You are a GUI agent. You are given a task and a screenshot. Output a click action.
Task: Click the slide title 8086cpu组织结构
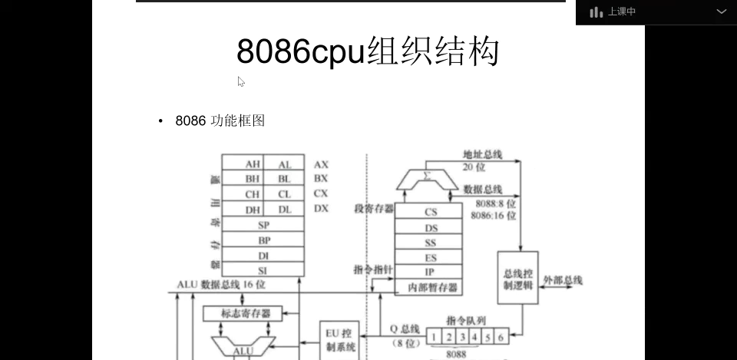point(368,51)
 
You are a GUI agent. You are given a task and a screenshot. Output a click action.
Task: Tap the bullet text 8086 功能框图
point(220,121)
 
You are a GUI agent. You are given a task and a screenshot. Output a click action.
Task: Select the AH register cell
point(252,164)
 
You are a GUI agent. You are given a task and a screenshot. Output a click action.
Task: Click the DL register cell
point(284,210)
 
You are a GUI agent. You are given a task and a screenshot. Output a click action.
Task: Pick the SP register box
point(263,225)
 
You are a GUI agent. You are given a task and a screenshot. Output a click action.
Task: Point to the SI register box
point(263,269)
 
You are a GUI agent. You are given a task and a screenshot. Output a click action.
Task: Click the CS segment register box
point(430,212)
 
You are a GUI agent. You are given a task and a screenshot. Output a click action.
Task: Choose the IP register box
point(430,272)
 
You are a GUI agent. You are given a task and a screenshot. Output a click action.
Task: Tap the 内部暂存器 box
point(430,287)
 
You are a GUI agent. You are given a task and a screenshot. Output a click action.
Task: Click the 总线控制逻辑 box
point(517,279)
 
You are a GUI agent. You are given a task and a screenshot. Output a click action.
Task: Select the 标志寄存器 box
point(241,313)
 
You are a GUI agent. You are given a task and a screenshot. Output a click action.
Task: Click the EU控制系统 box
point(340,339)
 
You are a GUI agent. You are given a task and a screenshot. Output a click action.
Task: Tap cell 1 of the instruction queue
point(435,336)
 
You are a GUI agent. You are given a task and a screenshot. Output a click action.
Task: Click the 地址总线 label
point(482,154)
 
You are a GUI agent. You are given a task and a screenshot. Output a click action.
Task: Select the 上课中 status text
point(622,12)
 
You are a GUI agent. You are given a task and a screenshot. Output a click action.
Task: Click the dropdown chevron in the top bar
point(722,12)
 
